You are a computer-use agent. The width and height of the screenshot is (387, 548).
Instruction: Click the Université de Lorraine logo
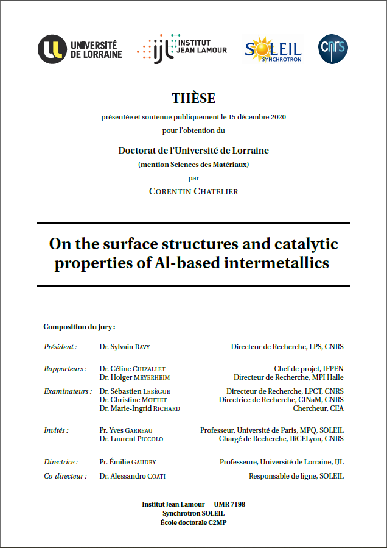[x=80, y=49]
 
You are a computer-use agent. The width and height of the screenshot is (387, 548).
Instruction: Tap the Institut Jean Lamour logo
[x=182, y=48]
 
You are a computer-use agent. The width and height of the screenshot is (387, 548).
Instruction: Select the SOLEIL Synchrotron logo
[x=273, y=49]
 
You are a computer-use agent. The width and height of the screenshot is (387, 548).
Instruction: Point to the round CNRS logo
[x=334, y=49]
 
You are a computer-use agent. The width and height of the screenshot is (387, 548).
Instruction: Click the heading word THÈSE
[x=193, y=98]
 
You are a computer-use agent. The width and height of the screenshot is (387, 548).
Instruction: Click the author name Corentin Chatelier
[x=193, y=191]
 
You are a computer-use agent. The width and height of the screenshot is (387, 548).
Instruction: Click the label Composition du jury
[x=79, y=327]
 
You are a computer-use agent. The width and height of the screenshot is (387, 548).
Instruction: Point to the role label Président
[x=60, y=347]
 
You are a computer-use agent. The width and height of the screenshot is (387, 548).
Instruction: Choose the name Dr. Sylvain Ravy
[x=124, y=347]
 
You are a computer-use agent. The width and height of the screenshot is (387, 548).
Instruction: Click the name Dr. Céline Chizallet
[x=132, y=369]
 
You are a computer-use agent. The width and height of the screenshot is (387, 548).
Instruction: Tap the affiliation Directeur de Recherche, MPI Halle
[x=288, y=377]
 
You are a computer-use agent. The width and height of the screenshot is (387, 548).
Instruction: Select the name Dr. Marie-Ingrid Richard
[x=139, y=408]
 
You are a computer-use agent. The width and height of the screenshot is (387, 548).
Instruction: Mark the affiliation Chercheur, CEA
[x=318, y=408]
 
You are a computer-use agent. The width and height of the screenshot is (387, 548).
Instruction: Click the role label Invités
[x=56, y=430]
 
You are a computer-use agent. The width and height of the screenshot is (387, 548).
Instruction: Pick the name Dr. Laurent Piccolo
[x=131, y=439]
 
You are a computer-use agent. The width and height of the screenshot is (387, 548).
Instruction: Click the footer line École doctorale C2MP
[x=193, y=522]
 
